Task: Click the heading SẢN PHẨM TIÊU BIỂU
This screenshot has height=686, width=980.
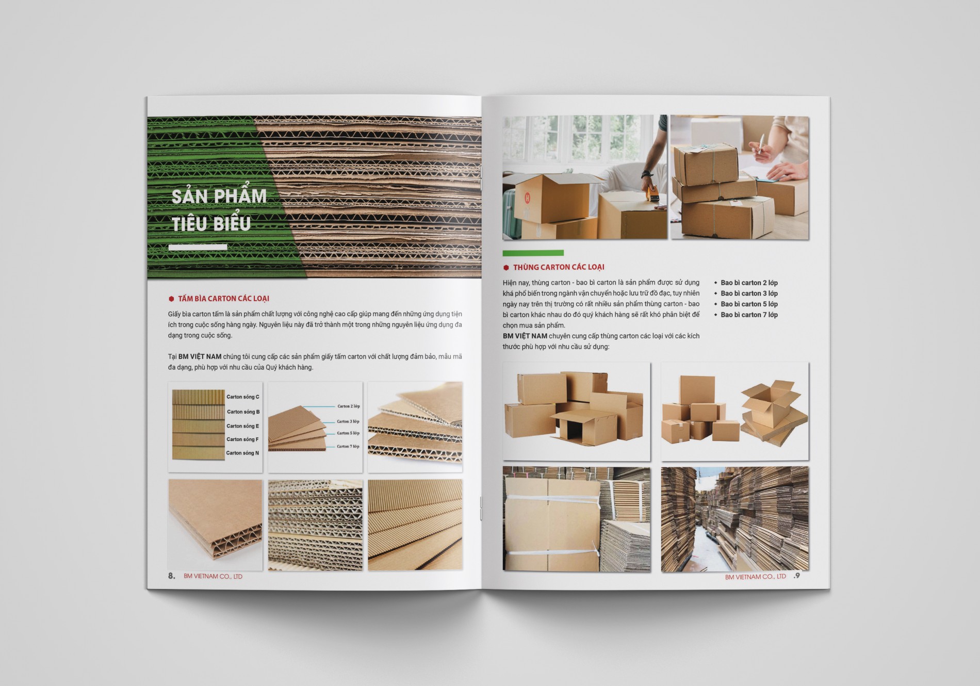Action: [219, 209]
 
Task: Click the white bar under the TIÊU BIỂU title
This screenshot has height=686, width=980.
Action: [198, 247]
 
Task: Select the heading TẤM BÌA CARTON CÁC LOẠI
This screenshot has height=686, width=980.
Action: [223, 299]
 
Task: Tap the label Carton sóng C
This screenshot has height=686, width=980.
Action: [243, 397]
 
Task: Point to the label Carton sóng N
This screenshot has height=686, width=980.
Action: [242, 453]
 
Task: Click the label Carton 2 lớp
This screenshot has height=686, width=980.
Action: [349, 406]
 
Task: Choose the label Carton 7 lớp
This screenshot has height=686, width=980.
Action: [348, 446]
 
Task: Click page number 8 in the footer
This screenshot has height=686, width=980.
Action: [171, 576]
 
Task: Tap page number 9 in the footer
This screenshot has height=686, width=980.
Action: [797, 575]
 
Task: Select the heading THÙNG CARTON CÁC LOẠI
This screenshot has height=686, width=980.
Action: [559, 267]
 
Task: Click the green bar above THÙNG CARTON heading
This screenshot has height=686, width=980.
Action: [533, 253]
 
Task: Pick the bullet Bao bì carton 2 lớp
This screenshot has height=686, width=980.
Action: [749, 283]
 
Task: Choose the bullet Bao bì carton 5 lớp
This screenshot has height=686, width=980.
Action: [749, 304]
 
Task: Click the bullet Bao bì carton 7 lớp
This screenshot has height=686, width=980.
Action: [749, 315]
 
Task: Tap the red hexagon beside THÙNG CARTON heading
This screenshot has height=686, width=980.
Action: [506, 268]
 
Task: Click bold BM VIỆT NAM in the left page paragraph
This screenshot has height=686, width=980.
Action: [200, 356]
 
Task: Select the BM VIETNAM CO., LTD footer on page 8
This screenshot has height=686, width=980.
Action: [213, 577]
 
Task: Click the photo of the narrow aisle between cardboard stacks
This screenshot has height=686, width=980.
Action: [734, 519]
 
